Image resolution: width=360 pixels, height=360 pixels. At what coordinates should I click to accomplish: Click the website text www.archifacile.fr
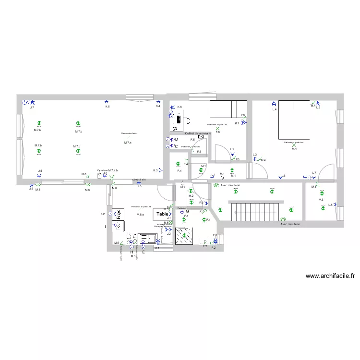click(x=330, y=276)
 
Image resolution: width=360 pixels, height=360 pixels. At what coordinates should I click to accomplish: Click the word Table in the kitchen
click(x=162, y=214)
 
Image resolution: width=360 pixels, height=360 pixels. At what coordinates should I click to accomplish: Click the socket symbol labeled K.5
click(x=107, y=102)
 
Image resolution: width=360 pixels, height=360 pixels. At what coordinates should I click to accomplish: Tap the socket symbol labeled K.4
click(x=158, y=102)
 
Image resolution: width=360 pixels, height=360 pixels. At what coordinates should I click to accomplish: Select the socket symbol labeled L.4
click(x=274, y=104)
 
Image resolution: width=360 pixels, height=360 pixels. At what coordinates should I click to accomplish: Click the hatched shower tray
click(x=184, y=236)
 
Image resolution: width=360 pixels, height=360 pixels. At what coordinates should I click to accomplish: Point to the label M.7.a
click(x=128, y=143)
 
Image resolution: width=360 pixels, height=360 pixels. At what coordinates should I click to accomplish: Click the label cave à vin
click(x=139, y=180)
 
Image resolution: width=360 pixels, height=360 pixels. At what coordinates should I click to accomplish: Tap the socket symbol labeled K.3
click(x=161, y=170)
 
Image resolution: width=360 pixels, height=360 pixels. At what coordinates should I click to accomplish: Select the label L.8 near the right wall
click(x=330, y=205)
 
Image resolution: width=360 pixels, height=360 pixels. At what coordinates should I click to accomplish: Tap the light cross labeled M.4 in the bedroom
click(x=294, y=145)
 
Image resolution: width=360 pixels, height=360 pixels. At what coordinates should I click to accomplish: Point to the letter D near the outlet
click(x=177, y=139)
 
